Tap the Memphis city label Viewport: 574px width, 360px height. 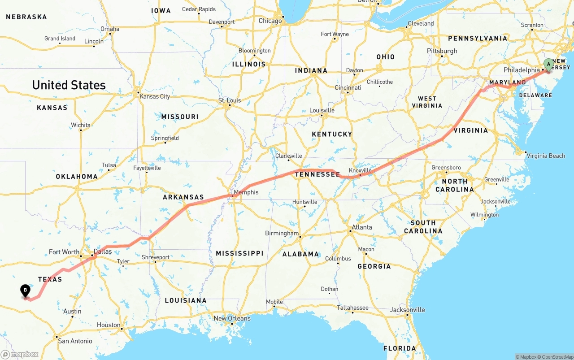coord(246,192)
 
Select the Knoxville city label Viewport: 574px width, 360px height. coord(360,170)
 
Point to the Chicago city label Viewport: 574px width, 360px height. coord(270,21)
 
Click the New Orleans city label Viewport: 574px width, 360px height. coord(232,318)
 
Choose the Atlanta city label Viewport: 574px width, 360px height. coord(362,227)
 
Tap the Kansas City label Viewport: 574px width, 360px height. coord(155,96)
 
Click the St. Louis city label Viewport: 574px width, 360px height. coord(229,100)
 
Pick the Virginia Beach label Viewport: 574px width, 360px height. coord(546,156)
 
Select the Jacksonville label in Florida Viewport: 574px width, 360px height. coord(407,310)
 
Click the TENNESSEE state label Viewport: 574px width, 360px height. coord(317,174)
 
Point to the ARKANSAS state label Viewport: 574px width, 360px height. coord(183,197)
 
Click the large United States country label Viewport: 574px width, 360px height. coord(69,85)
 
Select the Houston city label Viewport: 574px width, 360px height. coord(109,325)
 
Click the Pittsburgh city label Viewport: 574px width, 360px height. coord(442,51)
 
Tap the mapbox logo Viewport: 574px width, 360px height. coord(20,354)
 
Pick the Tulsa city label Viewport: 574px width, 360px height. coord(109,165)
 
